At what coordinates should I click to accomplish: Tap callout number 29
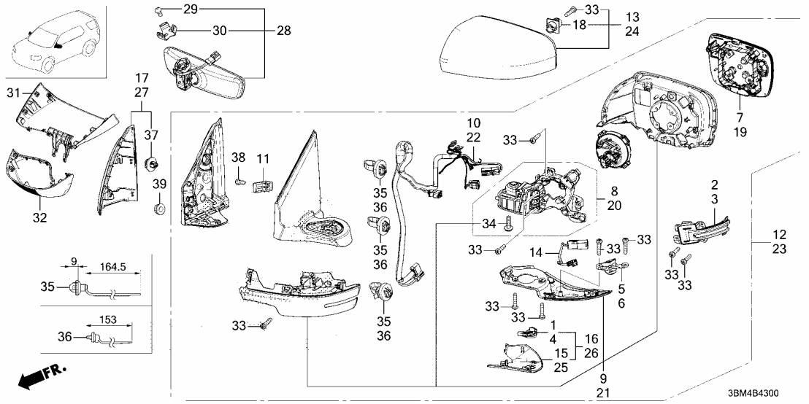[x=190, y=9]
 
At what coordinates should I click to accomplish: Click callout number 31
[x=13, y=93]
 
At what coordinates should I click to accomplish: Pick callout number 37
[x=152, y=136]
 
